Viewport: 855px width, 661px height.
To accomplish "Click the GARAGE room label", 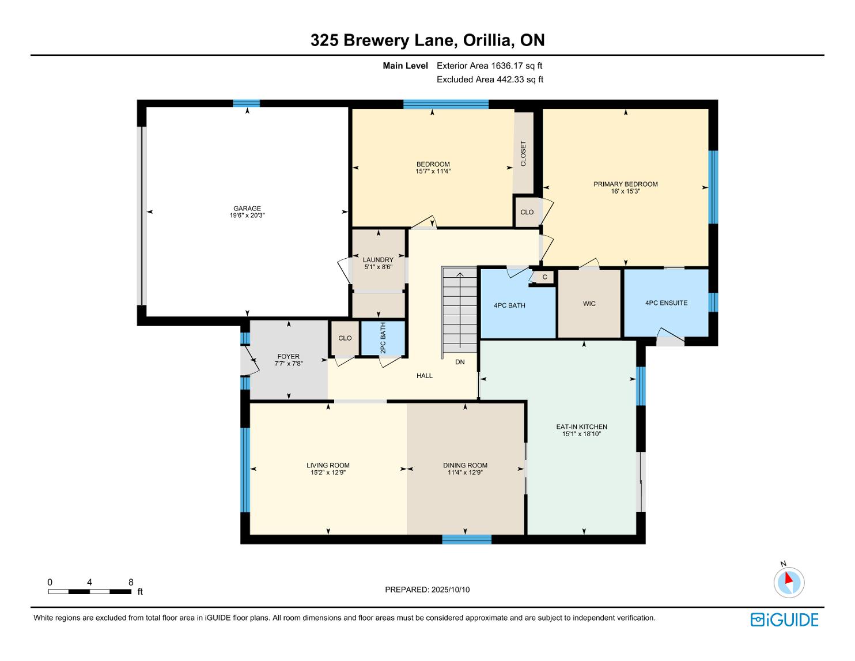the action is (x=247, y=208).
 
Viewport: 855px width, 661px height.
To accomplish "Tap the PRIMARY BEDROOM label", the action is (x=626, y=184).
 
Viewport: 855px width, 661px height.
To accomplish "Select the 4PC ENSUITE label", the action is (x=666, y=303).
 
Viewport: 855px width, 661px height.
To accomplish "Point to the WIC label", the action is (x=589, y=303).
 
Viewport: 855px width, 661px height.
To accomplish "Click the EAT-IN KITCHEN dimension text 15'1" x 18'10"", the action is (x=581, y=433).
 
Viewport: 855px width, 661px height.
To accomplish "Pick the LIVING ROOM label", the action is (x=328, y=465).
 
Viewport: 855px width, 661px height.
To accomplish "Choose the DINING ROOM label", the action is (x=465, y=465).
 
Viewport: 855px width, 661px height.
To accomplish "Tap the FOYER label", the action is (x=289, y=357).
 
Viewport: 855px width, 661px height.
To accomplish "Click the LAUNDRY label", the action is (x=378, y=260).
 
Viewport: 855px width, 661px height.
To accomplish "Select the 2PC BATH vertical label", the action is (x=383, y=338).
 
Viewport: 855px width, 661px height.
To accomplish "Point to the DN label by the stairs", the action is (x=460, y=362).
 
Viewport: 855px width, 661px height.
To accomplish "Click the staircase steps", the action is (x=459, y=309).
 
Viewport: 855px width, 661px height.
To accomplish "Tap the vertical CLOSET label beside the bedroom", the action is (x=523, y=153).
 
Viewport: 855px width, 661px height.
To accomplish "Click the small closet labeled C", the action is (x=544, y=277).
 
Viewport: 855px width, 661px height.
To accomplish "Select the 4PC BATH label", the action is (x=509, y=305).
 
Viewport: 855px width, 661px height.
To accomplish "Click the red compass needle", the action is (x=788, y=577).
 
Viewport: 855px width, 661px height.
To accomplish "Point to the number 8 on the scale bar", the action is (x=131, y=582).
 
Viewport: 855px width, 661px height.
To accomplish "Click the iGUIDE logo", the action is (x=784, y=620).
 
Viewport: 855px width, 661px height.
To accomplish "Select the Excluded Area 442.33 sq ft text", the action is (x=490, y=80).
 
